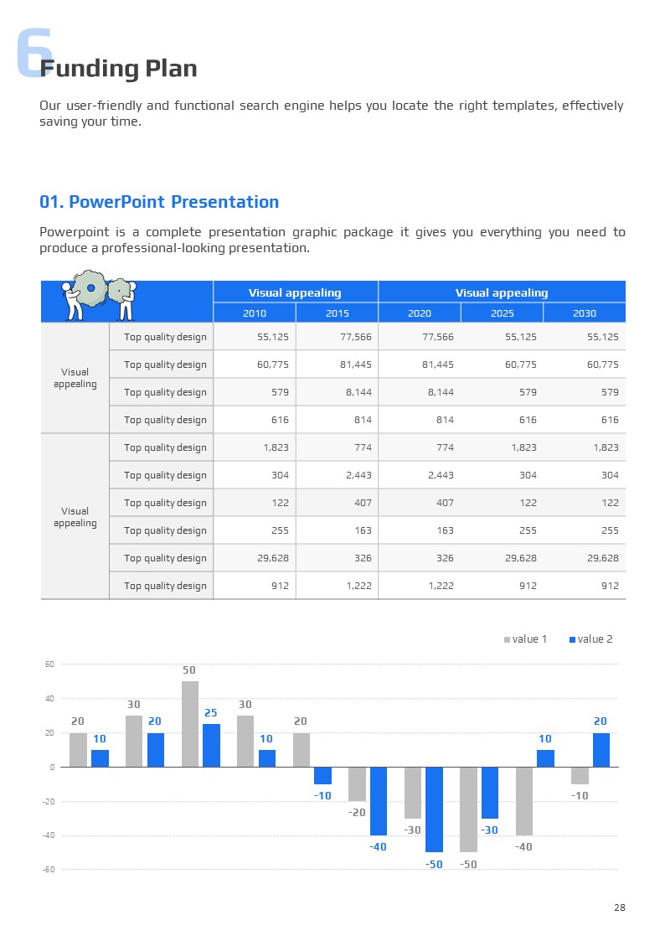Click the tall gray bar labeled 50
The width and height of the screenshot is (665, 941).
pyautogui.click(x=189, y=724)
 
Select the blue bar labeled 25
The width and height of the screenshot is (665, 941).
pyautogui.click(x=211, y=745)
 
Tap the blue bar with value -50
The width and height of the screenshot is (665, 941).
pyautogui.click(x=434, y=809)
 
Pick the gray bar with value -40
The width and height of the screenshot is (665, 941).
pyautogui.click(x=523, y=801)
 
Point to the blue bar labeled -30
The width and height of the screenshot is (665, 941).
pyautogui.click(x=490, y=793)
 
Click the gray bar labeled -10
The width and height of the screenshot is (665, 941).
pyautogui.click(x=580, y=775)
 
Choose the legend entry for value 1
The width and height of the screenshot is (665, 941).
pyautogui.click(x=525, y=639)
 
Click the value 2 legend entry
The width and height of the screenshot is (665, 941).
pyautogui.click(x=590, y=639)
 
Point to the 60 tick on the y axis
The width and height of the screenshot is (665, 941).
pyautogui.click(x=49, y=664)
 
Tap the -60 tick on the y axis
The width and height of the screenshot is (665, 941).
pyautogui.click(x=49, y=870)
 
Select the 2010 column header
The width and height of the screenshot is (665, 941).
pyautogui.click(x=255, y=313)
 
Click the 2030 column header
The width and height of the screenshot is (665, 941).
pyautogui.click(x=585, y=313)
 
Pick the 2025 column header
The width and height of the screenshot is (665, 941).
pyautogui.click(x=502, y=313)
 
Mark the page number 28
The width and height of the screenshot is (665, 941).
pyautogui.click(x=619, y=907)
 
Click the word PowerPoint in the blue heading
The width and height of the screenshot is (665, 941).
pyautogui.click(x=117, y=202)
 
